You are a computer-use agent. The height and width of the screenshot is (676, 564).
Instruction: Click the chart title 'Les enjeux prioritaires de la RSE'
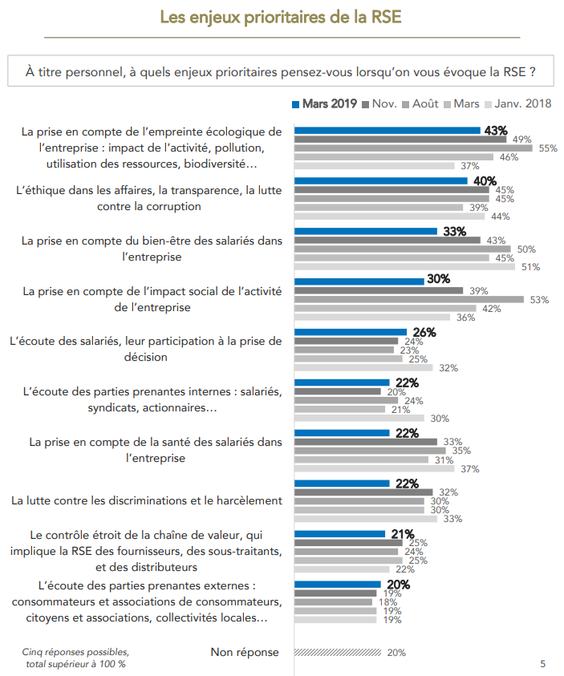(282, 17)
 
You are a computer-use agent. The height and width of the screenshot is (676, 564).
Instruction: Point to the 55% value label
(548, 148)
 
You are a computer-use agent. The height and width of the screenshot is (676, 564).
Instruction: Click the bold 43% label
(496, 131)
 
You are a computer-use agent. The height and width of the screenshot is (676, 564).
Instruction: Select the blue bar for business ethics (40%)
(380, 181)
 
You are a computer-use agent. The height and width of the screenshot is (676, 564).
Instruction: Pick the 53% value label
(539, 300)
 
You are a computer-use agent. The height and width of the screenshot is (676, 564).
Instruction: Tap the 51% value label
(530, 267)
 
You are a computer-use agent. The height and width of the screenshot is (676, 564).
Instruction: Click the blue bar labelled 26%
(351, 332)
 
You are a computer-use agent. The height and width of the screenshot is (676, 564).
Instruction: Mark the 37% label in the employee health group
(469, 469)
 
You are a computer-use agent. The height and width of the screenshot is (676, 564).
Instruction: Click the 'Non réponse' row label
(245, 653)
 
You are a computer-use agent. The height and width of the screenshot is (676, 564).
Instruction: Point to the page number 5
(543, 664)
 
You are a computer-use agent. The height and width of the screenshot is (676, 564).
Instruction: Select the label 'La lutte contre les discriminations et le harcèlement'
(147, 500)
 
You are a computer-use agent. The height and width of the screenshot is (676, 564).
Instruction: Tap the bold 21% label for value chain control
(402, 534)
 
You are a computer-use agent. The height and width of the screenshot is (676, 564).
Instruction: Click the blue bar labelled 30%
(359, 281)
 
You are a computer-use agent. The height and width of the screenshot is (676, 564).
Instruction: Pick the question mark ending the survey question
(532, 71)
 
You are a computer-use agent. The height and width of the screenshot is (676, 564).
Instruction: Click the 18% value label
(387, 602)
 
